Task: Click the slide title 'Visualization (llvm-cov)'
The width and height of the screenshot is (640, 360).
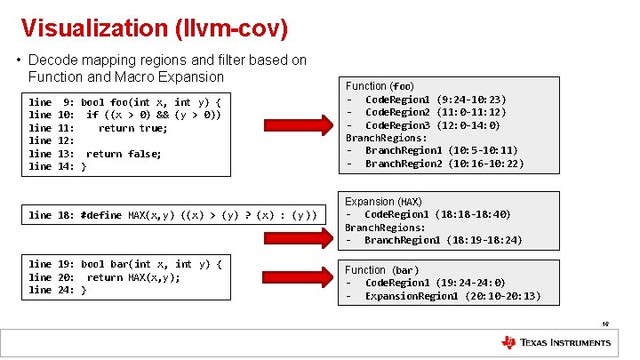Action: [x=154, y=28]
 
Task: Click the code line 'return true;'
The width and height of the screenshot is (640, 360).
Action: [x=132, y=128]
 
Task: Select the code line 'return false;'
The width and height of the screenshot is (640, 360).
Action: [x=124, y=154]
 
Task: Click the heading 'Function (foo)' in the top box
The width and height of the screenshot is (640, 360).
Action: [x=380, y=86]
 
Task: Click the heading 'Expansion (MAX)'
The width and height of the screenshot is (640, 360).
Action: [x=383, y=202]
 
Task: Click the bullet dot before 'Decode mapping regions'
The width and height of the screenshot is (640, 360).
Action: [x=19, y=60]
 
